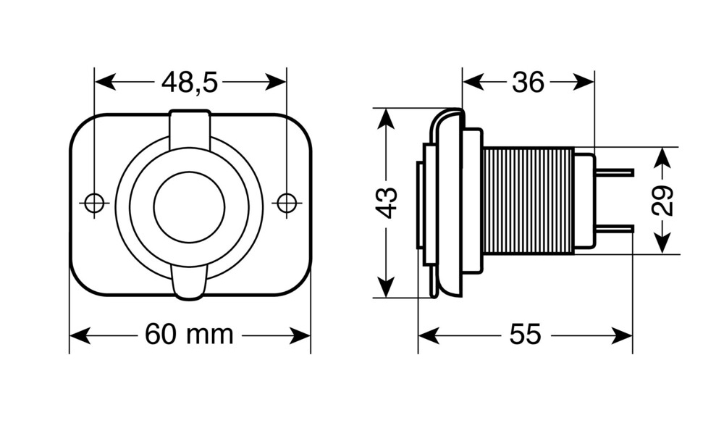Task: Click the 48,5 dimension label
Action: [189, 83]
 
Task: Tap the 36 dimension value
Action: [529, 83]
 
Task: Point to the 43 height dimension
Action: [386, 202]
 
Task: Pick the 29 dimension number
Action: [662, 201]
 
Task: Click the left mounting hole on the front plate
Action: [94, 202]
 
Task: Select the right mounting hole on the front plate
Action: [287, 202]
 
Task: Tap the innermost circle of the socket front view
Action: [189, 206]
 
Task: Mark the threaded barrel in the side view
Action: [528, 201]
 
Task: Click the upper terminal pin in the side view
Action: [614, 172]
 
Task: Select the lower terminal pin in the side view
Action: [614, 229]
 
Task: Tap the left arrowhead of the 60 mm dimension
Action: [80, 335]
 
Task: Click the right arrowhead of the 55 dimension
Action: [621, 335]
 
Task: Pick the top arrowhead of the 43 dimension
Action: [386, 119]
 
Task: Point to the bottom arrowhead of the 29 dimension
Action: [663, 243]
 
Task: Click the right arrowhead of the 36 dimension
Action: [583, 83]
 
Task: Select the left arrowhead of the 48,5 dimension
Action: [105, 83]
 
